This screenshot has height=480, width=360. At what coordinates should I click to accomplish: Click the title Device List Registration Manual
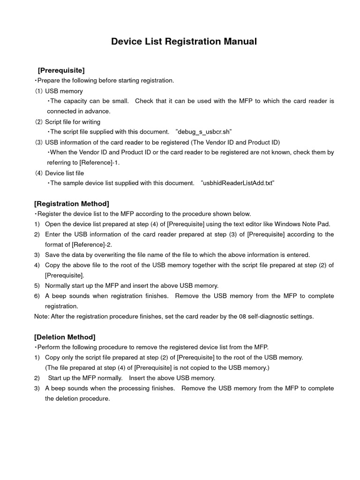pyautogui.click(x=184, y=42)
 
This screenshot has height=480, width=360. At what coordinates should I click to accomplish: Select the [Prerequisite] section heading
pyautogui.click(x=61, y=70)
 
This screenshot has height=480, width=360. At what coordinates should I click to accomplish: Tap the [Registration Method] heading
pyautogui.click(x=72, y=203)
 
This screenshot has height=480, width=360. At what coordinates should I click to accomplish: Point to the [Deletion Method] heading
pyautogui.click(x=65, y=337)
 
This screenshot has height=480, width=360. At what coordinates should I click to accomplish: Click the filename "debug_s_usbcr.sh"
pyautogui.click(x=204, y=132)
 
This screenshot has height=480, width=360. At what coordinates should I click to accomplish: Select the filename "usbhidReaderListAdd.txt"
pyautogui.click(x=237, y=183)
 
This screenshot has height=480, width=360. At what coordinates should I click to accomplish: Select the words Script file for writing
pyautogui.click(x=73, y=122)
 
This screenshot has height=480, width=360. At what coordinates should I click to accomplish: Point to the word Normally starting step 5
pyautogui.click(x=59, y=285)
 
